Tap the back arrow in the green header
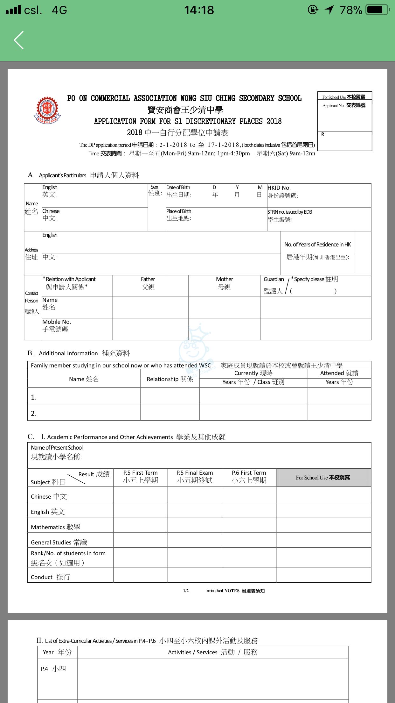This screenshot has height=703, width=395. pyautogui.click(x=19, y=40)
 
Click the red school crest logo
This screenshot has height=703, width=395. pyautogui.click(x=47, y=110)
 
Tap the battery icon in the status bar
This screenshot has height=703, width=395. pyautogui.click(x=377, y=10)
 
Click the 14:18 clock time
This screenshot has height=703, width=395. pyautogui.click(x=199, y=10)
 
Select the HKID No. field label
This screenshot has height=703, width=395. pyautogui.click(x=279, y=188)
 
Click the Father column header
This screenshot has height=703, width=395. pyautogui.click(x=148, y=283)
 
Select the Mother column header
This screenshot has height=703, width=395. pyautogui.click(x=224, y=283)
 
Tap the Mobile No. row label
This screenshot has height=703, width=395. pyautogui.click(x=57, y=325)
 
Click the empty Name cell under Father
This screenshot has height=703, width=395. pyautogui.click(x=150, y=307)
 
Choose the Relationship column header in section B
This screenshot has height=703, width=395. pyautogui.click(x=170, y=379)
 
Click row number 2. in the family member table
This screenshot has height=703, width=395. pyautogui.click(x=34, y=413)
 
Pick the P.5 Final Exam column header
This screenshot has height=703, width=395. pyautogui.click(x=195, y=477)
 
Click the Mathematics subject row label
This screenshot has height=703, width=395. pyautogui.click(x=56, y=527)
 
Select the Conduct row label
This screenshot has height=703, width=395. pyautogui.click(x=51, y=577)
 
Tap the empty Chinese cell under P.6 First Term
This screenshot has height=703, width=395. pyautogui.click(x=249, y=494)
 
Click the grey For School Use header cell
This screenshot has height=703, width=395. pyautogui.click(x=323, y=477)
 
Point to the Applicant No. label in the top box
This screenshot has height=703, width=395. pyautogui.click(x=344, y=105)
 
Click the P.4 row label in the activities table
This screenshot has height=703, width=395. pyautogui.click(x=53, y=669)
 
